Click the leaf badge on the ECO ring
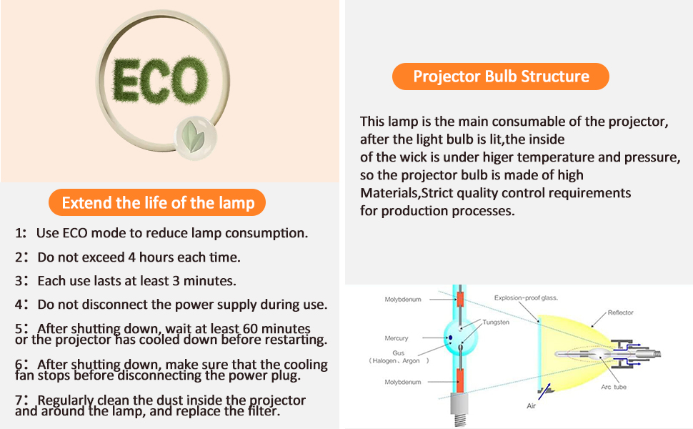coord(196,135)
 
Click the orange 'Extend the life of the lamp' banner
coord(157,202)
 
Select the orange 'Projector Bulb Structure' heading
coord(501,77)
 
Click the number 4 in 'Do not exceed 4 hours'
coord(131,257)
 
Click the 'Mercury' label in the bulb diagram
coord(397,338)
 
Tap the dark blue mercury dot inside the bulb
coord(450,338)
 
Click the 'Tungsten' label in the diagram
coord(496,322)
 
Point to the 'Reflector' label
coord(621,312)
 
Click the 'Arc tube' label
coord(614,387)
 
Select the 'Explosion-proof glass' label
coord(526,298)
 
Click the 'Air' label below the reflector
coord(531,406)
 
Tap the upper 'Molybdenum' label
coord(403,300)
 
